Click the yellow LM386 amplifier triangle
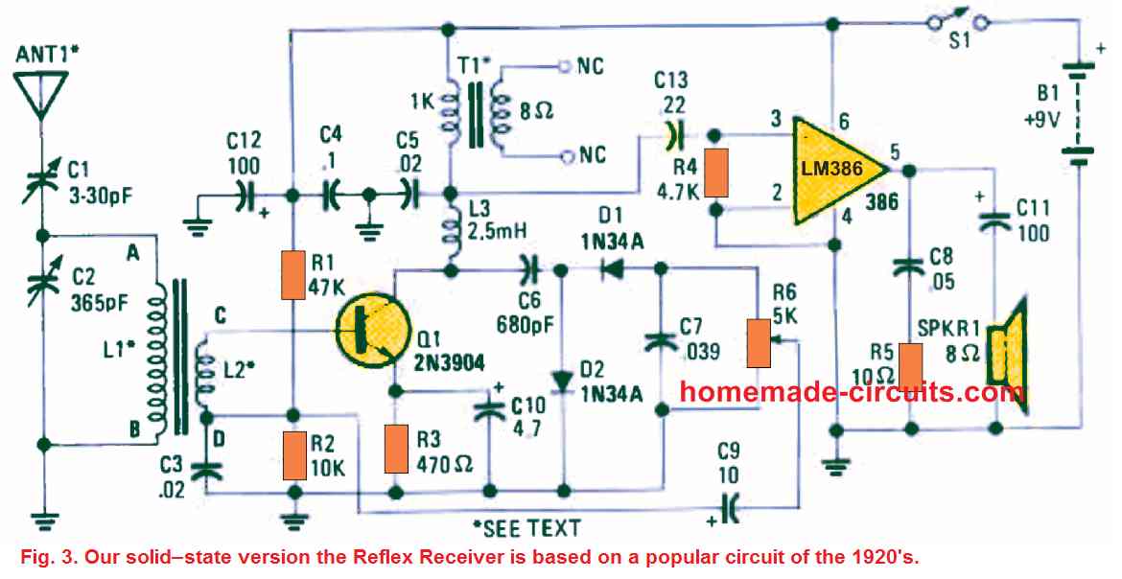tap(830, 170)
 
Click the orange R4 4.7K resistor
tap(715, 173)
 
